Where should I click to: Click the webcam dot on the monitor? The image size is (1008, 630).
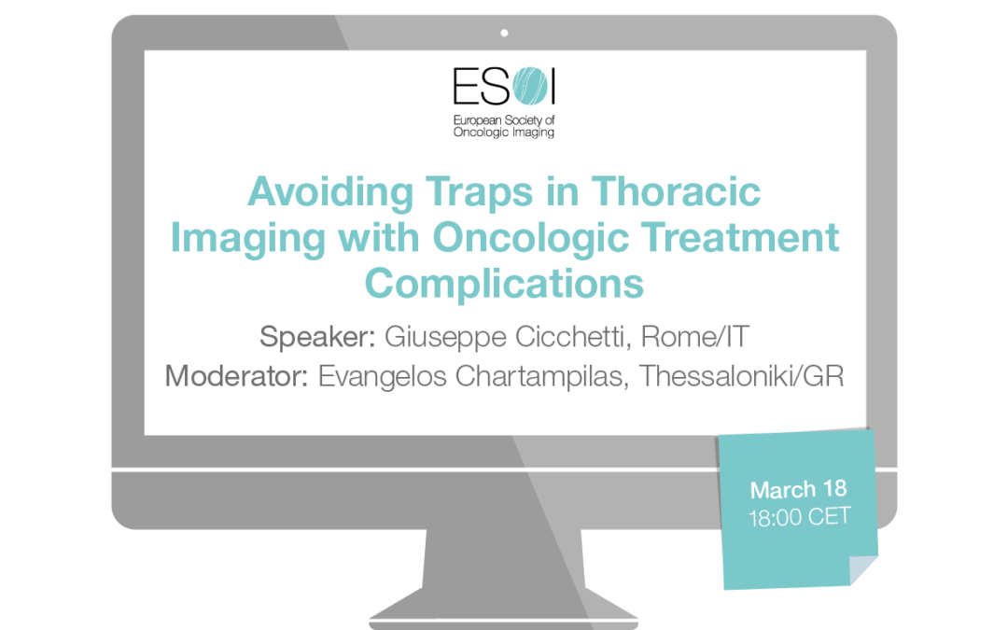pos(504,33)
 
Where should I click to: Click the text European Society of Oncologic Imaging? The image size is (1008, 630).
pos(503,126)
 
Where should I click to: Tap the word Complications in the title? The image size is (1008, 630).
pos(504,281)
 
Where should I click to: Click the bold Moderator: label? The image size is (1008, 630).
pos(237,377)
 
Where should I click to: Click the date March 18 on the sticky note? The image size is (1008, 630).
pos(798,490)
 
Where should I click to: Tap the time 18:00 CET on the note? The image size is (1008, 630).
pos(799,517)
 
